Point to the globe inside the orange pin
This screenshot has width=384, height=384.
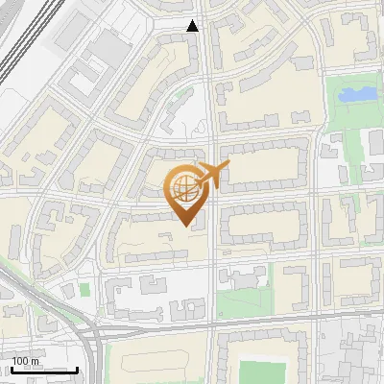tap(185, 187)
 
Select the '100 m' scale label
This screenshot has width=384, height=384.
tap(25, 361)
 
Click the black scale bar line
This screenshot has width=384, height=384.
tap(43, 370)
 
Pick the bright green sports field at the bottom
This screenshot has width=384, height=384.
tap(262, 372)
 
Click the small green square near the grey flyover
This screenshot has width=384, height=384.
tap(84, 288)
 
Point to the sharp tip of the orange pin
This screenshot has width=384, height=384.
tap(186, 226)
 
